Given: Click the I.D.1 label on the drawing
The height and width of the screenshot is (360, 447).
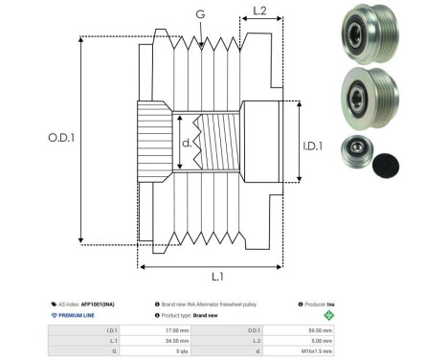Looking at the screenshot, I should [x=311, y=146].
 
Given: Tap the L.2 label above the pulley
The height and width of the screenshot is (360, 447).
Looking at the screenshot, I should [x=260, y=12].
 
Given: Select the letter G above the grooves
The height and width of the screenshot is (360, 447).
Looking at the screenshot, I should [x=199, y=14].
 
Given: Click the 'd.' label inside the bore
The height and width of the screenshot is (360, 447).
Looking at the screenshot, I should [x=186, y=145].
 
